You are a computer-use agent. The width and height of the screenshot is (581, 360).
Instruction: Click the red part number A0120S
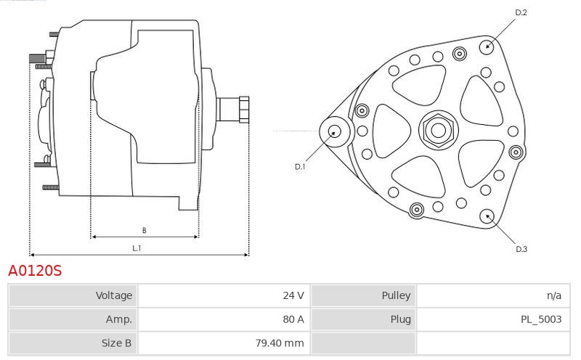click(x=35, y=271)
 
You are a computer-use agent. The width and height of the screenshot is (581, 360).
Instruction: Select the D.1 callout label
click(x=300, y=167)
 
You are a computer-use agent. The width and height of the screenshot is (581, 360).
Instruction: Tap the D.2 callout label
click(x=521, y=12)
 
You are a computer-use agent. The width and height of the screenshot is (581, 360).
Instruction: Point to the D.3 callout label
click(x=521, y=249)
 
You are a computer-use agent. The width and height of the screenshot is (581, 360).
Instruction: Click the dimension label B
click(x=144, y=230)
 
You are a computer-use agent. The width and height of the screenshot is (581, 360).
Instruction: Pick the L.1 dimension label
click(x=137, y=248)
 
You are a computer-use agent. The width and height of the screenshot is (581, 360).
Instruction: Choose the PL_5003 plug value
click(x=541, y=319)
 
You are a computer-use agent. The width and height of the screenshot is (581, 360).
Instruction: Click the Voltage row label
click(x=114, y=295)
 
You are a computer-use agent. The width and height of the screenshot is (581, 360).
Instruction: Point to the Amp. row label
click(x=119, y=319)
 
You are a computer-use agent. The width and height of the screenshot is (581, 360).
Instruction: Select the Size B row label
click(x=116, y=343)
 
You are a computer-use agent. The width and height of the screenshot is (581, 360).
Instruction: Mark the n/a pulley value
click(x=554, y=295)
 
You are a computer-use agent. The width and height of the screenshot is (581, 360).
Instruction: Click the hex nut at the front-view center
click(x=439, y=131)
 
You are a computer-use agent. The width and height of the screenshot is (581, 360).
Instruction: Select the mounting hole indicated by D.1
click(x=335, y=131)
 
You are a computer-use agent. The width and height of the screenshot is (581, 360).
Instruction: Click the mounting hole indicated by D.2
click(x=487, y=46)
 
